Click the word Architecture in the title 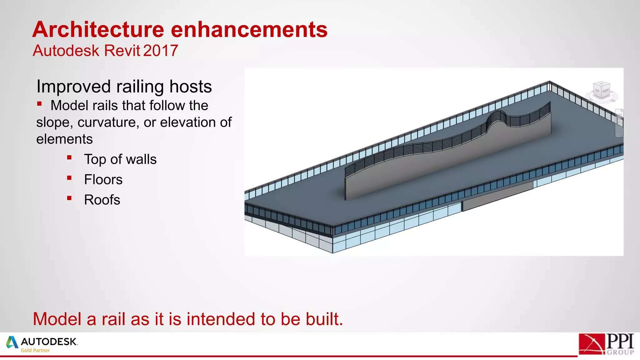pos(98,30)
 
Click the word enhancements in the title pos(249,30)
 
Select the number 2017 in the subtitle pos(161,51)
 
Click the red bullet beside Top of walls pos(69,158)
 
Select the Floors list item pos(103,180)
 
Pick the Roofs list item pos(102,200)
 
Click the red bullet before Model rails pos(39,104)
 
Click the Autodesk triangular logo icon pos(12,342)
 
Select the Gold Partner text pos(35,351)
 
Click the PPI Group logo pos(606,344)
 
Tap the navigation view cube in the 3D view pos(602,90)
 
